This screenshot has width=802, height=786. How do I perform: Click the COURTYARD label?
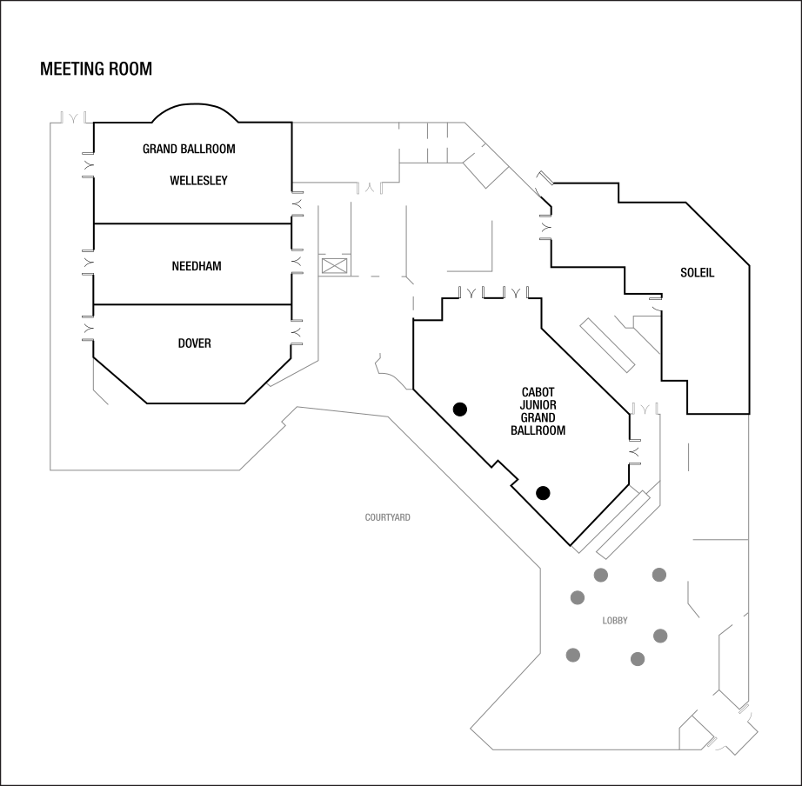388,517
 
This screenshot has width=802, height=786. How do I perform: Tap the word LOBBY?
615,621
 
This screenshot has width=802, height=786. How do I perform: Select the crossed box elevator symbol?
335,265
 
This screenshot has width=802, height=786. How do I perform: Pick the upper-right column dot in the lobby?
659,575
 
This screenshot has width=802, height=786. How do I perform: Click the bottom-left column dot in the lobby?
573,655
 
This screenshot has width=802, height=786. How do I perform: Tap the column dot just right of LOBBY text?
660,636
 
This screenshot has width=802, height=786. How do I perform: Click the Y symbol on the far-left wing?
75,118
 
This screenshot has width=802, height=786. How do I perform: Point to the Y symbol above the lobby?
645,409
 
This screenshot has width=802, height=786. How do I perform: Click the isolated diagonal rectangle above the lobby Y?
607,345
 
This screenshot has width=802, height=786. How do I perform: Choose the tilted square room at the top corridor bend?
485,165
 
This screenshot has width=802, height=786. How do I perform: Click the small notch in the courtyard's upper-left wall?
284,425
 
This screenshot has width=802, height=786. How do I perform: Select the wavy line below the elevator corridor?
390,372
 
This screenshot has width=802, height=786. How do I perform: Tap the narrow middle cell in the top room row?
437,142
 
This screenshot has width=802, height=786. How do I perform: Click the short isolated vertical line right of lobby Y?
689,456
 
